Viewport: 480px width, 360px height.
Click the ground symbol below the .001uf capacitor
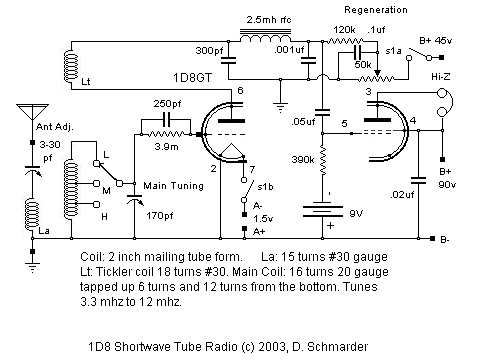[x=284, y=105]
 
